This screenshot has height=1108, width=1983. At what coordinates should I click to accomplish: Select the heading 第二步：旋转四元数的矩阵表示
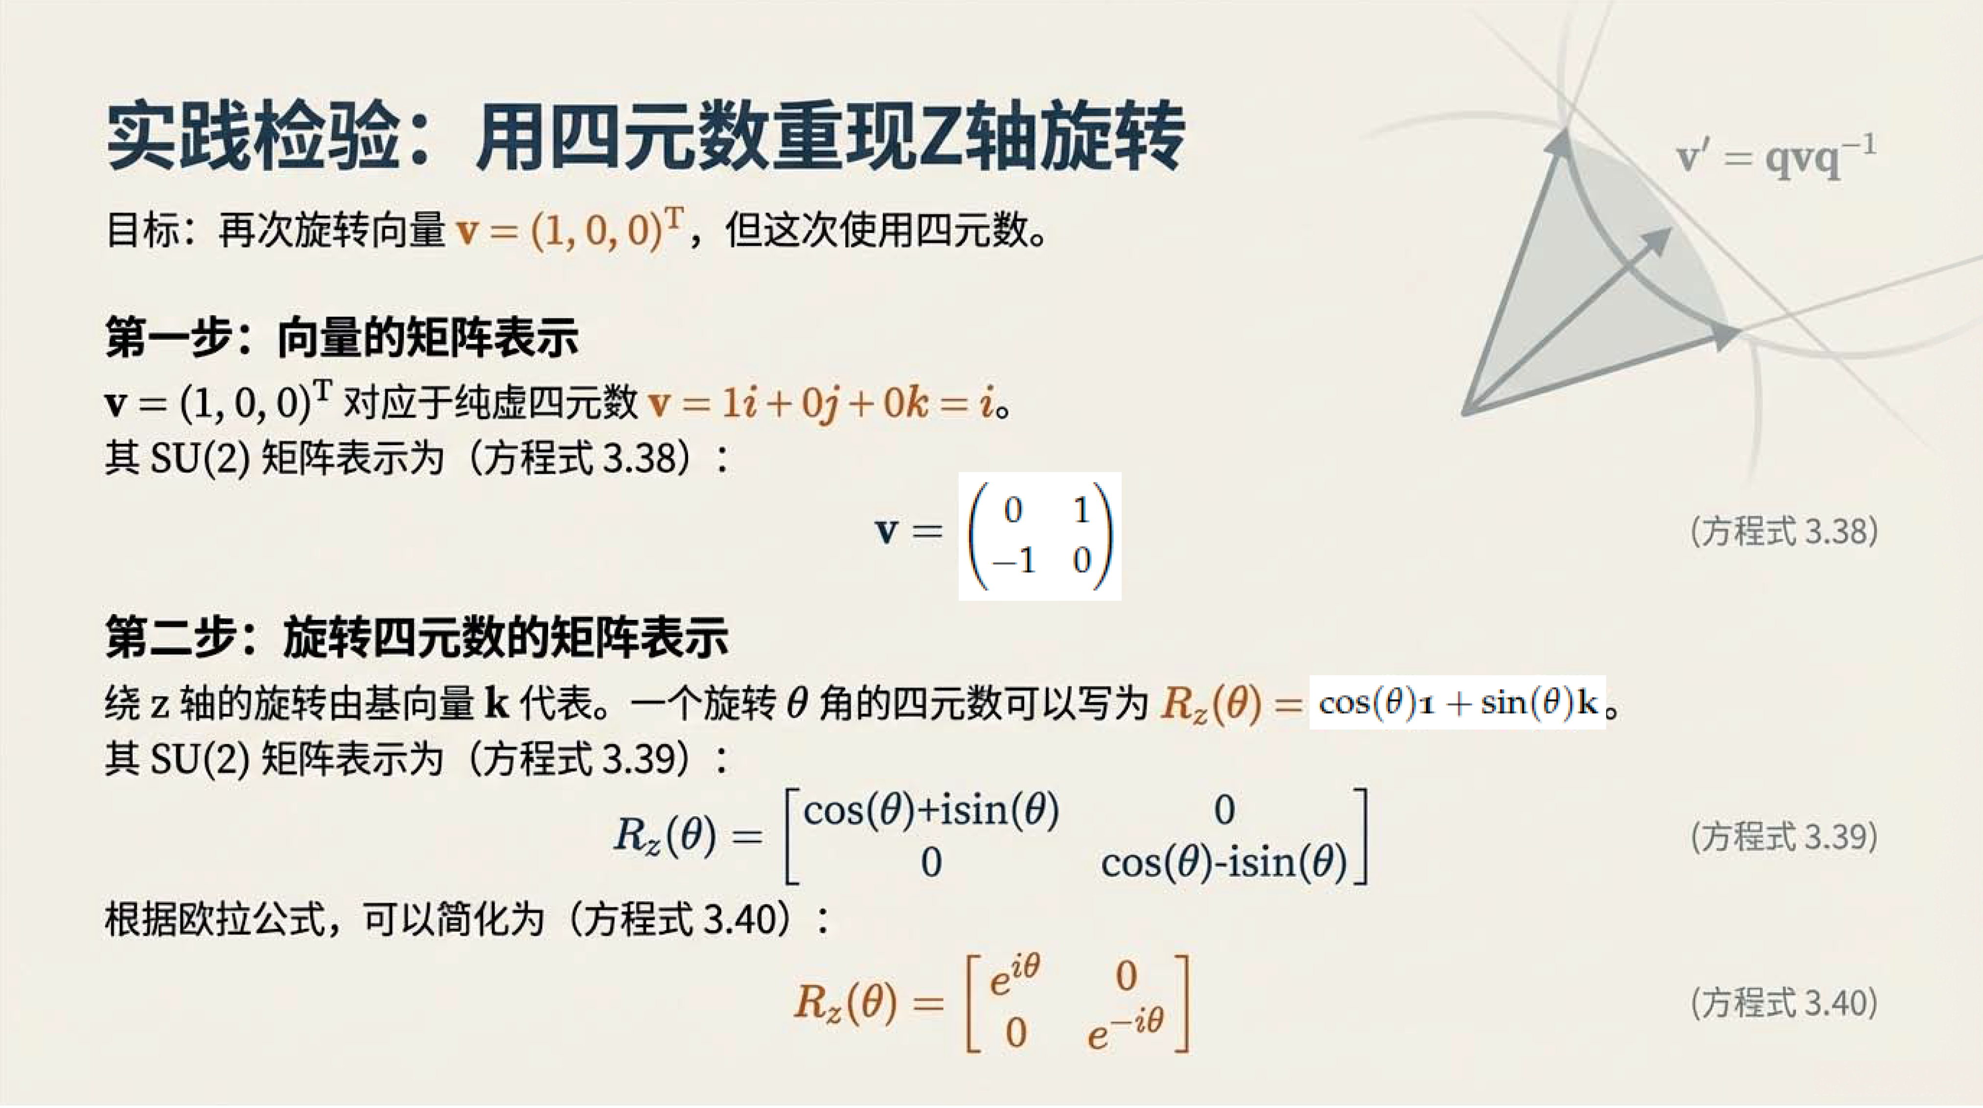tap(416, 637)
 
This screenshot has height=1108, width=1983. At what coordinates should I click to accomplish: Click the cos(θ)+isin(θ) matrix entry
tap(931, 810)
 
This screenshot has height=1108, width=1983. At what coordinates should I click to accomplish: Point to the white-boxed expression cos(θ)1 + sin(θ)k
tap(1457, 702)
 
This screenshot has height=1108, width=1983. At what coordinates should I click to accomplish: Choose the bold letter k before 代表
tap(497, 702)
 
